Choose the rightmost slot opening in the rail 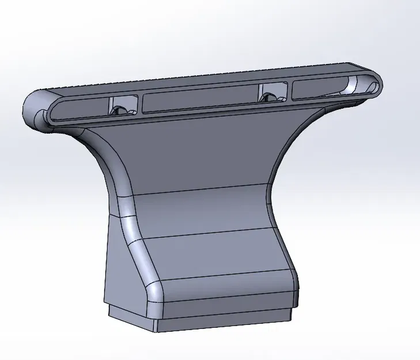[x=328, y=89]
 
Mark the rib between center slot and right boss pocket [x=256, y=96]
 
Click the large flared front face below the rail [x=196, y=150]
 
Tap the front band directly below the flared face [x=202, y=216]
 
